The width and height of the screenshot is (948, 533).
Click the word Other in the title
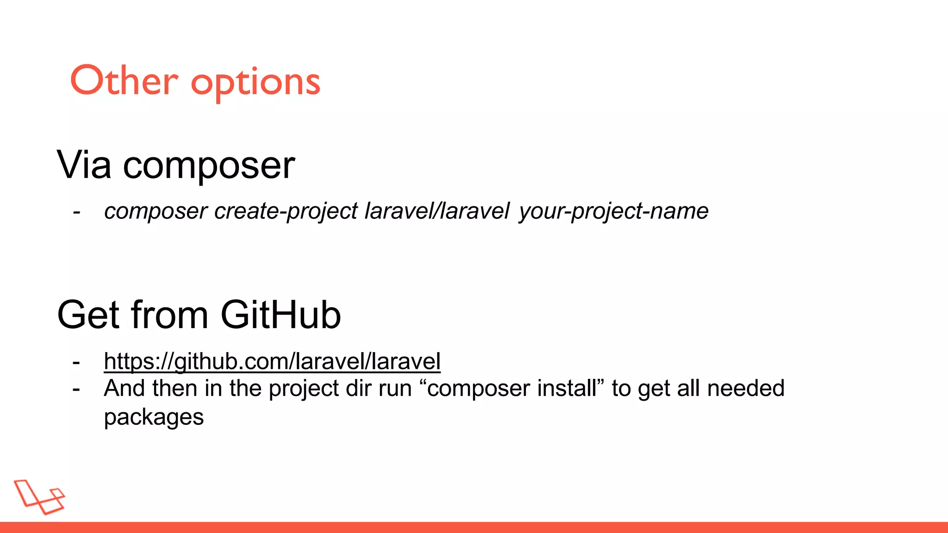click(x=124, y=81)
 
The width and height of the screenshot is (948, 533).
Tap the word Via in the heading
click(x=84, y=165)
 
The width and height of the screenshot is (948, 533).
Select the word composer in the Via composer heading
click(x=208, y=167)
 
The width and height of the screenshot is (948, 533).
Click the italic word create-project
click(x=286, y=211)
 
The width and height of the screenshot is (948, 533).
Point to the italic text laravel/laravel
click(x=437, y=211)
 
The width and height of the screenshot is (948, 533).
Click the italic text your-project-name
click(x=613, y=211)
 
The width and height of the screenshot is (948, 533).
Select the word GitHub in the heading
click(x=281, y=315)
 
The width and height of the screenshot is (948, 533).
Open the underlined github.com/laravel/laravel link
click(x=272, y=361)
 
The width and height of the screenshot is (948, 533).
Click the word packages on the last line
click(x=154, y=417)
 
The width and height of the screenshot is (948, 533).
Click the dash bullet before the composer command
click(x=77, y=212)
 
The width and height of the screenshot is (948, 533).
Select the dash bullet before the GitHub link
click(x=76, y=362)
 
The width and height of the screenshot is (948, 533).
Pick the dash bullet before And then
click(x=76, y=390)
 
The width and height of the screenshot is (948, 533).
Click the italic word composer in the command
click(x=156, y=212)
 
